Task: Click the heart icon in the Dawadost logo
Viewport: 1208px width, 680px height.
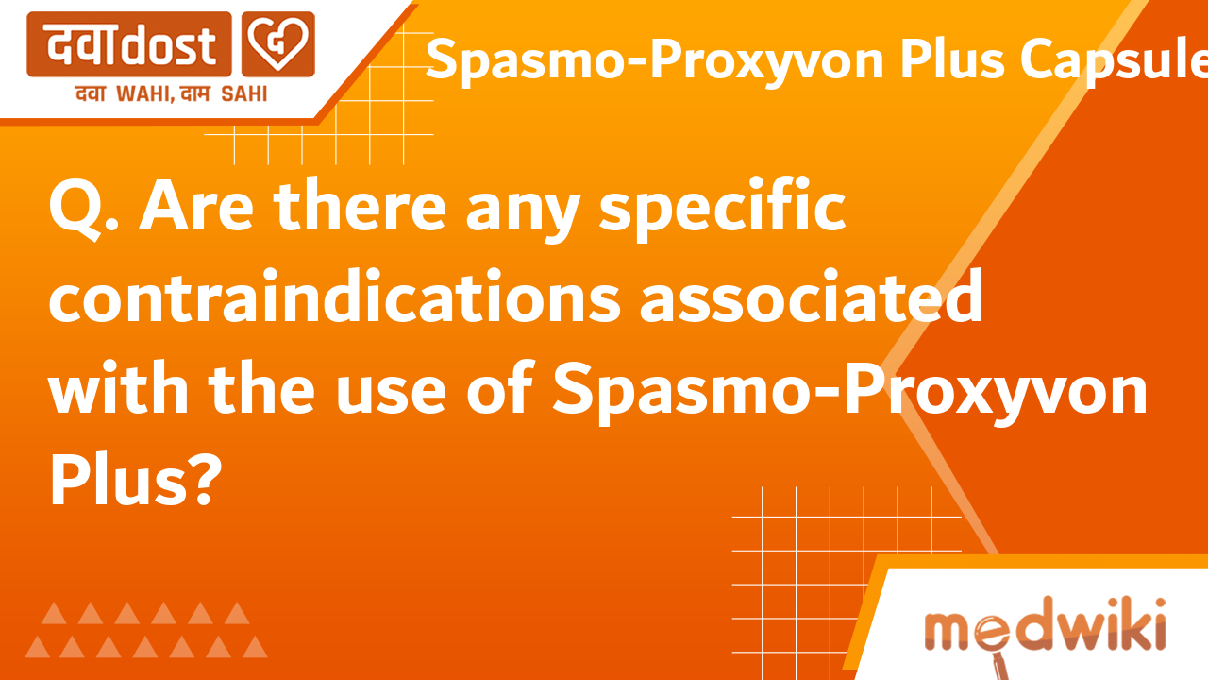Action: [278, 44]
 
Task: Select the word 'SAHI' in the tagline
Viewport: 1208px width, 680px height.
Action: [244, 93]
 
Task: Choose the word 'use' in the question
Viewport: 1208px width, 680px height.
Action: [397, 391]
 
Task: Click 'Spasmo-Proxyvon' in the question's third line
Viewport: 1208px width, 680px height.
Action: [850, 391]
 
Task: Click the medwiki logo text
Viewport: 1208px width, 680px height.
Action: [1044, 629]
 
